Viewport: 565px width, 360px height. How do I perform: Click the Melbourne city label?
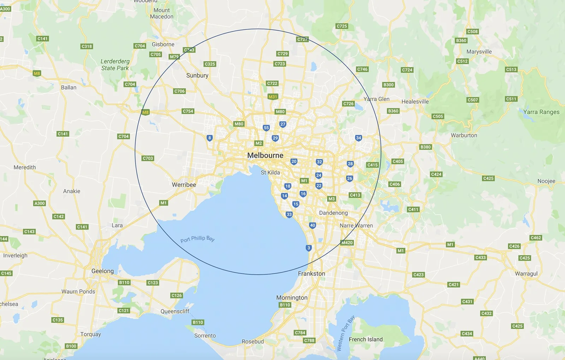(x=265, y=155)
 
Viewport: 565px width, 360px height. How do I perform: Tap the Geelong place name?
(x=102, y=271)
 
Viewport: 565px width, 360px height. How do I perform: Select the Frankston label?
(x=311, y=274)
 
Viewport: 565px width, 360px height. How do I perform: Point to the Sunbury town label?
(x=197, y=75)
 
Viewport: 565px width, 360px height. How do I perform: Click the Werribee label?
(x=184, y=185)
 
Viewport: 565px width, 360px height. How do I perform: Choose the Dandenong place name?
(x=333, y=213)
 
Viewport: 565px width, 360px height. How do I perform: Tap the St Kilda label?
(x=270, y=173)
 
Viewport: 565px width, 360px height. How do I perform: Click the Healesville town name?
(x=415, y=102)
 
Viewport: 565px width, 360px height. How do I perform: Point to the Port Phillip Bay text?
(x=197, y=239)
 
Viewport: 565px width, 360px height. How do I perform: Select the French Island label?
(x=365, y=340)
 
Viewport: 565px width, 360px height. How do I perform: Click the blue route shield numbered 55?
(x=266, y=128)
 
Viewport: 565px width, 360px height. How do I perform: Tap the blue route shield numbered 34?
(x=358, y=138)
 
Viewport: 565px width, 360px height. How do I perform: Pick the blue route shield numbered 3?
(x=309, y=248)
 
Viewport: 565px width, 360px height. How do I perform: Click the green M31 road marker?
(x=273, y=97)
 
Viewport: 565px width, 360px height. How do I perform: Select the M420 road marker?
(x=347, y=243)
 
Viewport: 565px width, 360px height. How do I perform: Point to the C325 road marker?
(x=210, y=64)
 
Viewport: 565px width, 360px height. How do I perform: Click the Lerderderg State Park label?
(x=115, y=65)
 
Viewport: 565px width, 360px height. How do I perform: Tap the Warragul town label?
(x=526, y=274)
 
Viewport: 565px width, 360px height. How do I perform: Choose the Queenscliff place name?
(x=175, y=311)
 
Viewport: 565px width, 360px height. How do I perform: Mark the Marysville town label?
(x=479, y=52)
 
